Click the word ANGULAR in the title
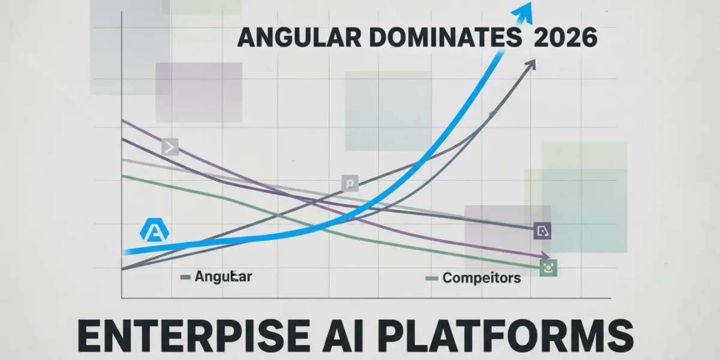point(299,38)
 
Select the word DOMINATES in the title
point(445,38)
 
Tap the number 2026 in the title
point(565,38)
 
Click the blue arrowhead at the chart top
point(523,13)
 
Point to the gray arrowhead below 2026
point(530,65)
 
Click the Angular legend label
point(223,277)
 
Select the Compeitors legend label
point(481,278)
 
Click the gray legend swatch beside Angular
point(185,277)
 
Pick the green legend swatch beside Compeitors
point(431,278)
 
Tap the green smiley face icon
point(548,268)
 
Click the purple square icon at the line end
point(542,230)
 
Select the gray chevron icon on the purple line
point(170,147)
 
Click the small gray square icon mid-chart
point(350,183)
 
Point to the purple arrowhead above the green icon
point(546,256)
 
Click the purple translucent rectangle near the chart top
point(199,92)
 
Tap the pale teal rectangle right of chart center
point(388,111)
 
